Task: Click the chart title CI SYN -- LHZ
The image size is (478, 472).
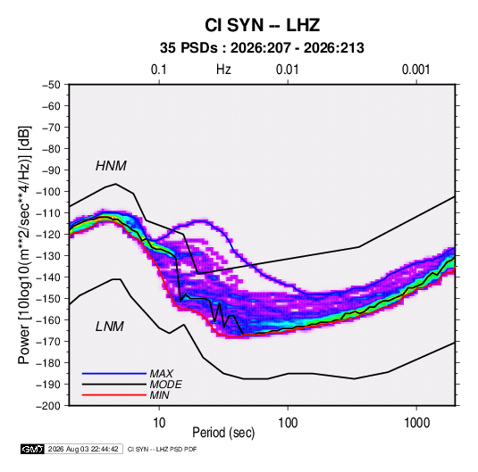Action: (262, 25)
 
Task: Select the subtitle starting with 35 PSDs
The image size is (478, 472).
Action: (262, 48)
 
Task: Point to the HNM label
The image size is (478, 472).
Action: (111, 166)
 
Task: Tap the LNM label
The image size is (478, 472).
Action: (110, 327)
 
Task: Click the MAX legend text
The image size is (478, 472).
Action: (162, 373)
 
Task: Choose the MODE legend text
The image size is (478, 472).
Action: (166, 385)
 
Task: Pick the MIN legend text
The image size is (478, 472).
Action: (159, 395)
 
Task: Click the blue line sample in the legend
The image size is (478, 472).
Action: (114, 374)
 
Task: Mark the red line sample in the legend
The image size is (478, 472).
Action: (114, 395)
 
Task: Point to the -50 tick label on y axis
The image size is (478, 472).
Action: (51, 85)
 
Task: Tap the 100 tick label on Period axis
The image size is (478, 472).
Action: (288, 423)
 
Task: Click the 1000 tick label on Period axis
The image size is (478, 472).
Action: (416, 423)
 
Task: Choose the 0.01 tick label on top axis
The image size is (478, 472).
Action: (287, 70)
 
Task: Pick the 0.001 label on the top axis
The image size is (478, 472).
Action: (415, 70)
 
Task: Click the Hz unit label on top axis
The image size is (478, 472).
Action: (223, 70)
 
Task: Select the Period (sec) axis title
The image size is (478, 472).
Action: (223, 433)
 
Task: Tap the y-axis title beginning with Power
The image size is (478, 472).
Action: (24, 245)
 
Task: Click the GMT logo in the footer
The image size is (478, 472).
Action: (33, 449)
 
